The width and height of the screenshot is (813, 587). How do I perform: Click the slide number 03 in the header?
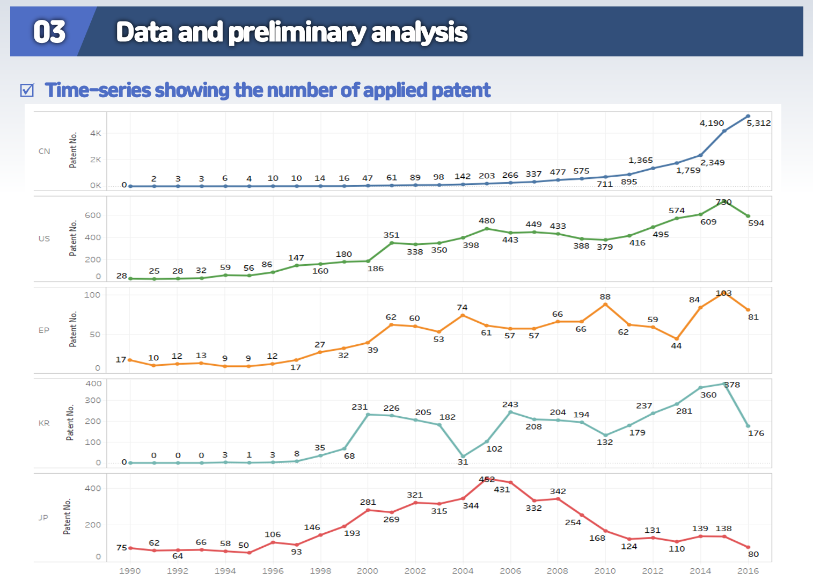pyautogui.click(x=49, y=32)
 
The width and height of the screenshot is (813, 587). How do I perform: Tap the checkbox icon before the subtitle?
pyautogui.click(x=27, y=90)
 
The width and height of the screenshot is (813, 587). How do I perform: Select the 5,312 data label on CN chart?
pyautogui.click(x=758, y=123)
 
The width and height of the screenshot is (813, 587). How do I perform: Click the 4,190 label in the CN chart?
pyautogui.click(x=712, y=123)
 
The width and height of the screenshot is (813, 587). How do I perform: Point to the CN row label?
pyautogui.click(x=44, y=151)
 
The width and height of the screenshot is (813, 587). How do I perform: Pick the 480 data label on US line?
pyautogui.click(x=487, y=221)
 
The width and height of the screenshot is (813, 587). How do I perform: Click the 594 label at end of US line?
pyautogui.click(x=756, y=223)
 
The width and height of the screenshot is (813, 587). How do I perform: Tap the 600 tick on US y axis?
pyautogui.click(x=93, y=215)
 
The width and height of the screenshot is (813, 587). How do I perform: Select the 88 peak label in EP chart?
pyautogui.click(x=605, y=297)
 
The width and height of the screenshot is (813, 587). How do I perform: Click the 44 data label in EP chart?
pyautogui.click(x=676, y=346)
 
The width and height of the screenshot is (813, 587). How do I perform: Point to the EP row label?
pyautogui.click(x=43, y=330)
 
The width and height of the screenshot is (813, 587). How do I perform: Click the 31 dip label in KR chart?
pyautogui.click(x=463, y=462)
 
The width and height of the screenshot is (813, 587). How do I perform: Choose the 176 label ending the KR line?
pyautogui.click(x=756, y=433)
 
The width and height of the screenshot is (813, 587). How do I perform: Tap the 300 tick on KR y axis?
pyautogui.click(x=93, y=401)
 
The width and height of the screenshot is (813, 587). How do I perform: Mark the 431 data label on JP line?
pyautogui.click(x=502, y=489)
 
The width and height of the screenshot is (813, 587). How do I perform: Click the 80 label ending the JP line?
pyautogui.click(x=753, y=554)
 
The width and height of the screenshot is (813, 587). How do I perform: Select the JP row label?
pyautogui.click(x=43, y=518)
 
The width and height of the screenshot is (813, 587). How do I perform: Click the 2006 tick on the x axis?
pyautogui.click(x=510, y=571)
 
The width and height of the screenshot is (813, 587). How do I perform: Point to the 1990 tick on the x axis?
pyautogui.click(x=130, y=571)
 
